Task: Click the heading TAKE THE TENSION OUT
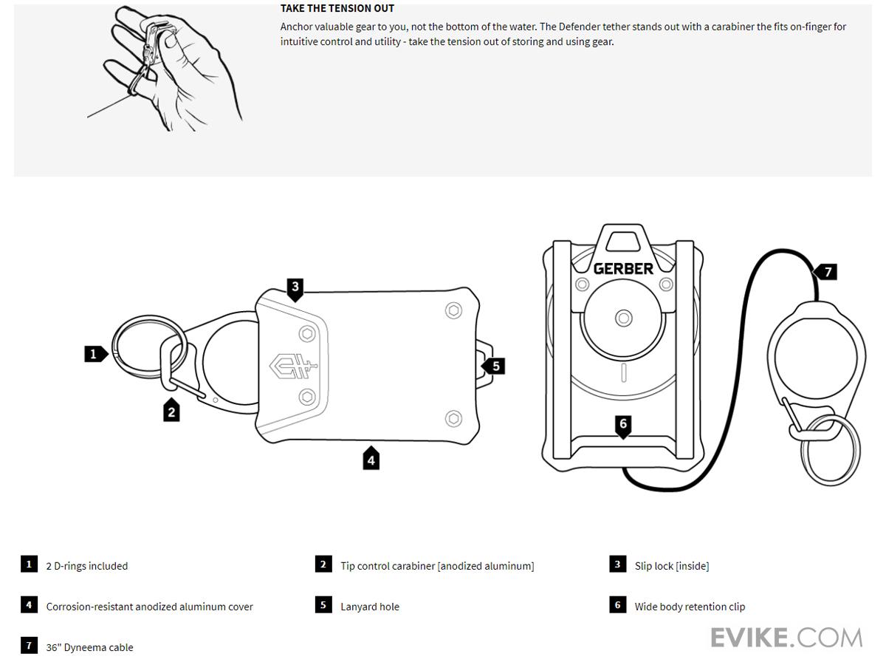click(337, 9)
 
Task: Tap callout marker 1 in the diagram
click(94, 354)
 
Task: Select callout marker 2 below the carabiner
click(172, 411)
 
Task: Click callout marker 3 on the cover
click(295, 287)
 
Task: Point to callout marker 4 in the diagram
click(371, 459)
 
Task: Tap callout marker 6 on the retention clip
click(623, 424)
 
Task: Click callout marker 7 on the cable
click(827, 272)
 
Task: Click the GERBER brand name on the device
click(624, 268)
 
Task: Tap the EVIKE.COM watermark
click(786, 637)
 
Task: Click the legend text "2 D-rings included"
click(87, 566)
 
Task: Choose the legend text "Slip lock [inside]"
click(672, 566)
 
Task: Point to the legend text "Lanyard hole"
click(370, 607)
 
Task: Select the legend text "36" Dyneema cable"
click(89, 647)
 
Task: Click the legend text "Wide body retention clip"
click(690, 607)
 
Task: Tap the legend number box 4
click(29, 605)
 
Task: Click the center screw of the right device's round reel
click(624, 318)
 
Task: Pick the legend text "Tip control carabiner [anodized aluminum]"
click(437, 566)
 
